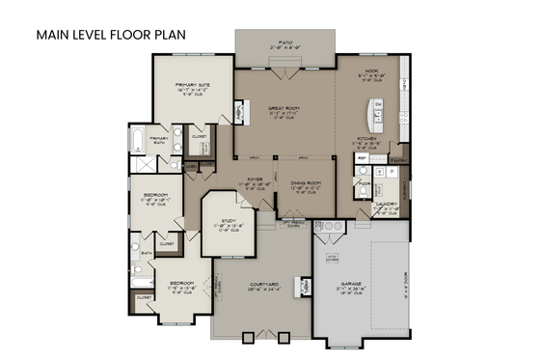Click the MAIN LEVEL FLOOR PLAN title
[111, 35]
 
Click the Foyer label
[256, 180]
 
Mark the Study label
[229, 221]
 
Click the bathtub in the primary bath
[136, 142]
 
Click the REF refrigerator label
[364, 154]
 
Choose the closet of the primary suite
[199, 138]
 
